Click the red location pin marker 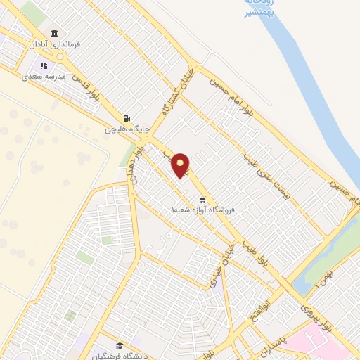(x=181, y=164)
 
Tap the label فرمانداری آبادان (x=54, y=44)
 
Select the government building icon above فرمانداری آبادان (x=54, y=33)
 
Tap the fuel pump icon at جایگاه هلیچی (x=125, y=118)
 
